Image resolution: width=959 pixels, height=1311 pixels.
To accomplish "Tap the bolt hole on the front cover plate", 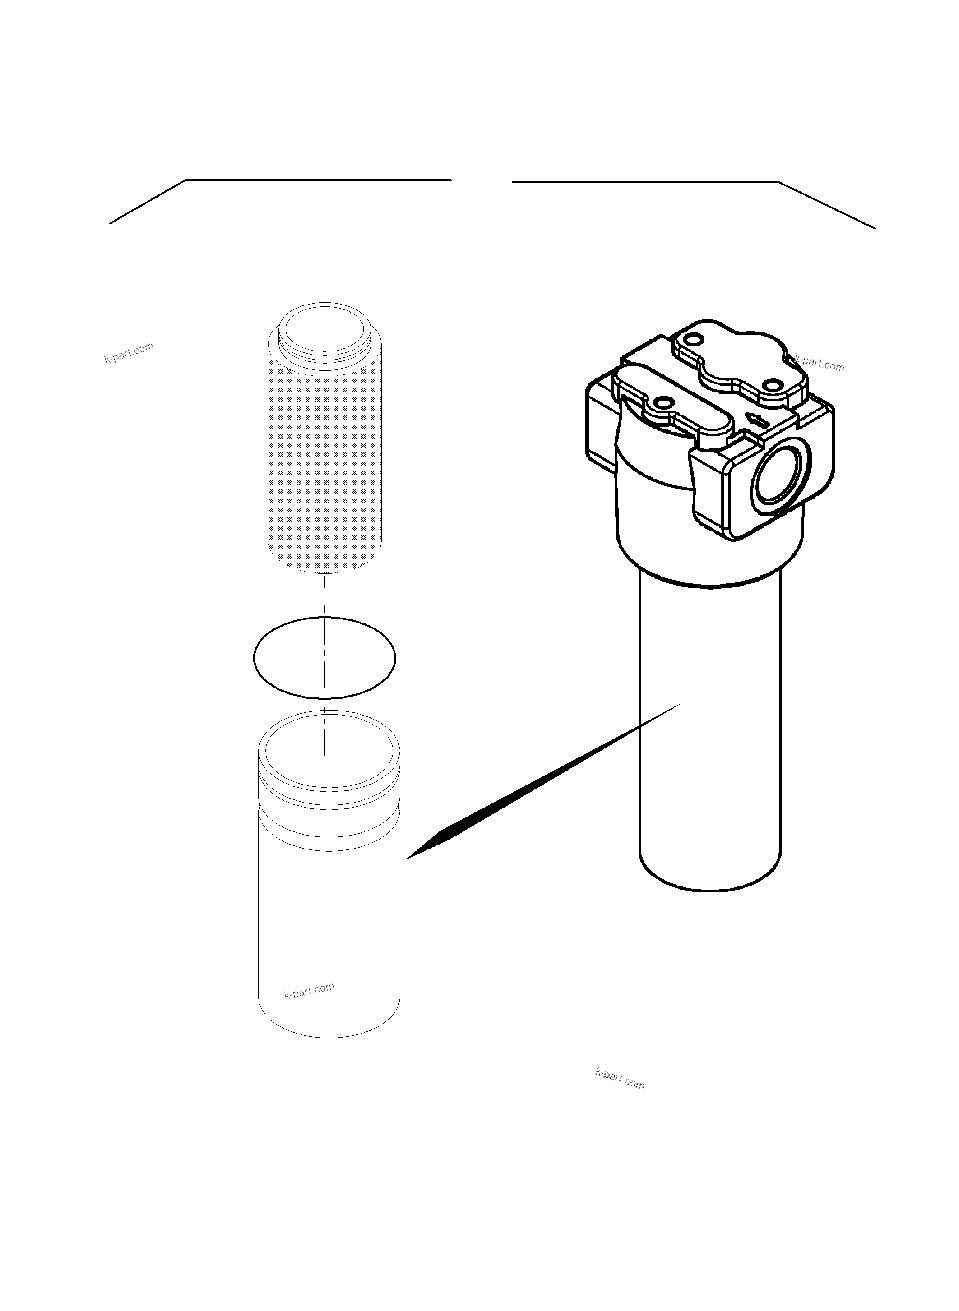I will [661, 402].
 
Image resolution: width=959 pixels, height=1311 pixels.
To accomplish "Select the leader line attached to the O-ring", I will [409, 658].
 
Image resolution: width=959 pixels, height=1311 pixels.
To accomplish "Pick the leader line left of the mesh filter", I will [254, 444].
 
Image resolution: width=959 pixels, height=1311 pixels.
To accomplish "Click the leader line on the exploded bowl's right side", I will [413, 904].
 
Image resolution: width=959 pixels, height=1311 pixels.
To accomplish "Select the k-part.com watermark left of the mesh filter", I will [129, 352].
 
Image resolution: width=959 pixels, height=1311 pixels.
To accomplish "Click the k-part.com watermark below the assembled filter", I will [620, 1079].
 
